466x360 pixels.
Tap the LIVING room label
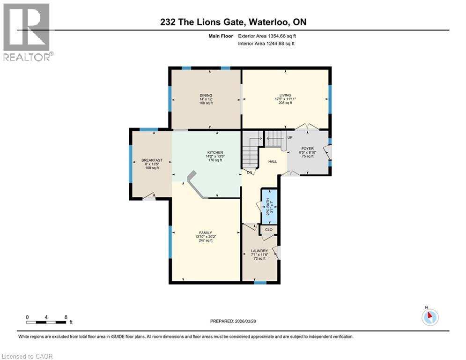[285, 95]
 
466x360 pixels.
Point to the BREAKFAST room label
[152, 160]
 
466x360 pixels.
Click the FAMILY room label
[206, 232]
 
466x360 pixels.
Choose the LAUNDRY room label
[259, 251]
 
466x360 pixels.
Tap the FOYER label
[307, 149]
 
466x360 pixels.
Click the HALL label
[273, 162]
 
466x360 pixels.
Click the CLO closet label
[269, 230]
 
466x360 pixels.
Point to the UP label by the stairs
[290, 138]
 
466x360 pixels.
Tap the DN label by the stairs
[251, 172]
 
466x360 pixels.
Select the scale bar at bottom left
[46, 322]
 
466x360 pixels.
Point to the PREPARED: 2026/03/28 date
[234, 321]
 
